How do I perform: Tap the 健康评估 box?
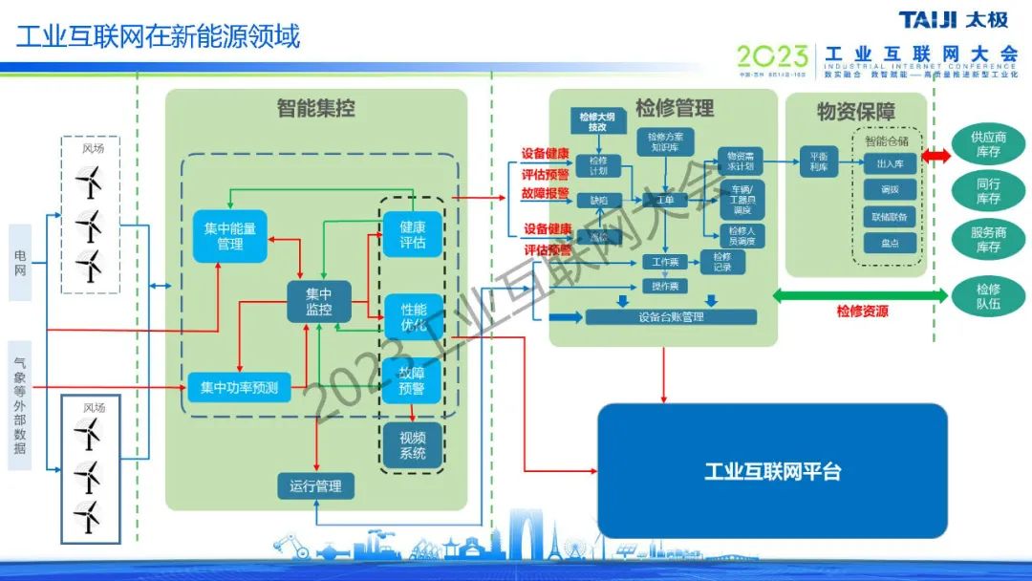(413, 234)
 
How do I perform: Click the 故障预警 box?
(413, 381)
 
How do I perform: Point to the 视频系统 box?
(413, 445)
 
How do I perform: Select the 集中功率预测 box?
(239, 387)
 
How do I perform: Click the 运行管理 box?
(315, 485)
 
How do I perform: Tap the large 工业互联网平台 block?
(772, 471)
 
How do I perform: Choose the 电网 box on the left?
(20, 263)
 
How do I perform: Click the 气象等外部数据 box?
(20, 405)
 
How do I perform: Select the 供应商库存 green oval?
(988, 144)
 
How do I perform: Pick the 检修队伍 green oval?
(988, 296)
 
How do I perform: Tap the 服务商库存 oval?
(988, 240)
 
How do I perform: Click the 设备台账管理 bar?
(670, 316)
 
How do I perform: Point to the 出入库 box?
(888, 163)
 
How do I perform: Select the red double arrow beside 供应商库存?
(936, 156)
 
